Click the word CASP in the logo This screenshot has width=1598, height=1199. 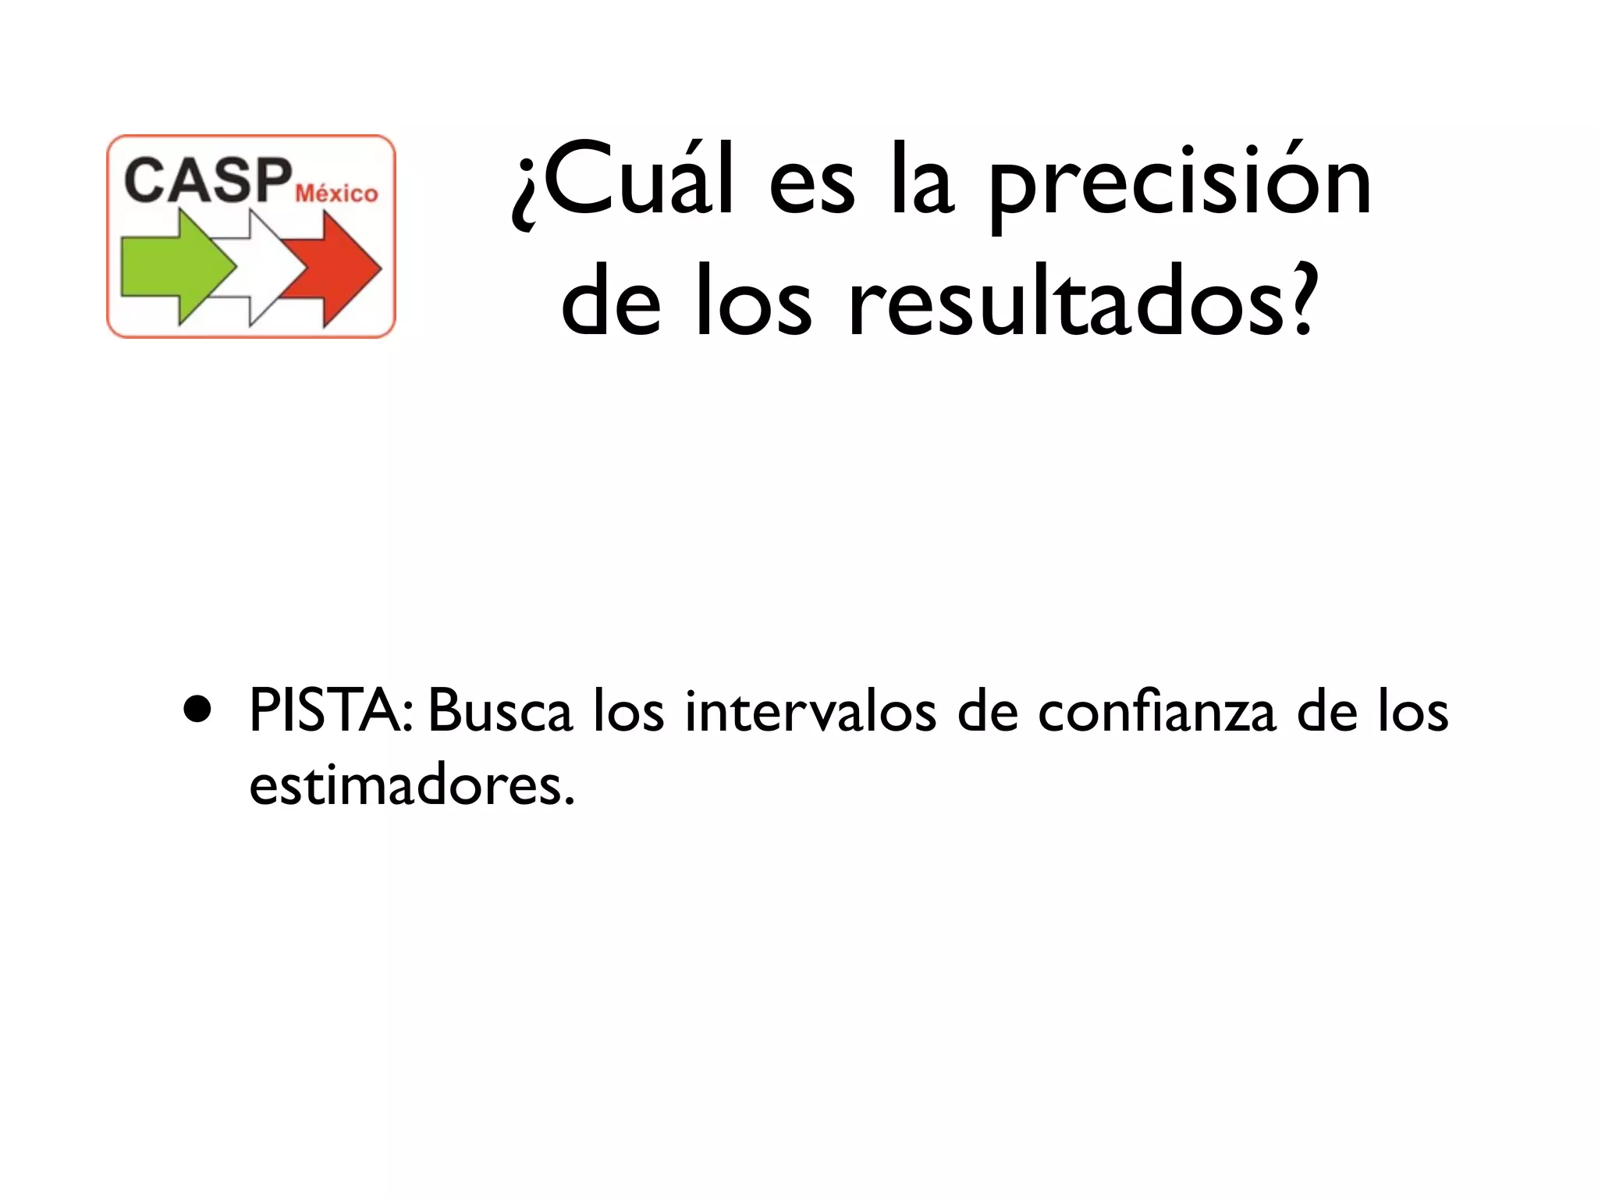[x=208, y=180]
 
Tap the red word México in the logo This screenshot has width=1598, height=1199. [x=336, y=193]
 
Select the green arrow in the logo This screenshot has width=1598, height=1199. [x=176, y=268]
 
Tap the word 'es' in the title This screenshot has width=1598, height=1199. [x=811, y=187]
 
